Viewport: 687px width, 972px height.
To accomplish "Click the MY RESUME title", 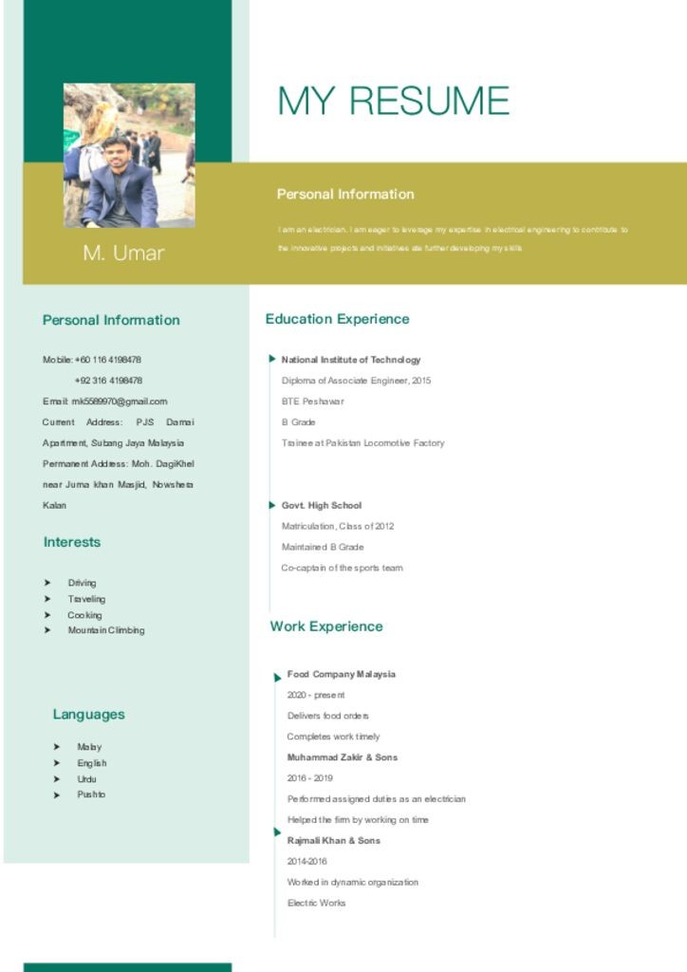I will tap(393, 101).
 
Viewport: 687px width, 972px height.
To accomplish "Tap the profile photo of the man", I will tap(129, 155).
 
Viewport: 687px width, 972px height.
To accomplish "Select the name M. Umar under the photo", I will tap(123, 252).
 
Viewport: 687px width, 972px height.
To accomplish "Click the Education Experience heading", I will tap(337, 319).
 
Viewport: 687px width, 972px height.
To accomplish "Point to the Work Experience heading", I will tap(326, 626).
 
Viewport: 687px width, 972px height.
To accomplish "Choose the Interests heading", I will tap(71, 542).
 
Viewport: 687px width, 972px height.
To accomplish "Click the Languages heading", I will tap(88, 715).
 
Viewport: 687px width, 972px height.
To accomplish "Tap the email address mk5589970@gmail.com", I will tap(120, 402).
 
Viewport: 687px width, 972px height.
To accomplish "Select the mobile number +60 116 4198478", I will tap(108, 360).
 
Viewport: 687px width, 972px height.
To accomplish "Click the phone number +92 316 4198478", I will tap(108, 381).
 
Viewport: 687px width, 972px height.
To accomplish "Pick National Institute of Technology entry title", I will tap(351, 360).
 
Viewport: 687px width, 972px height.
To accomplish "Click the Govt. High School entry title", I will tap(322, 506).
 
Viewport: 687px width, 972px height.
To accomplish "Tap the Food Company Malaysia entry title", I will tap(342, 675).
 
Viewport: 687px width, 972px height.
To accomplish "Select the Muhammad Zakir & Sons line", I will tap(343, 757).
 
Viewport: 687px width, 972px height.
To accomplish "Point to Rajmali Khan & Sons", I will tap(333, 841).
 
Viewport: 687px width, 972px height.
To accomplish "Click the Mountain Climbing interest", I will tap(106, 630).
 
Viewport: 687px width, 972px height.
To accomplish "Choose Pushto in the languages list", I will tap(91, 794).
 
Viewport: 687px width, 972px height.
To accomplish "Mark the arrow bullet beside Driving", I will tap(47, 583).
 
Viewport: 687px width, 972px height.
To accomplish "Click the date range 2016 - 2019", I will tap(310, 778).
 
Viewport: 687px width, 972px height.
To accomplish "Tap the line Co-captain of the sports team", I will tap(342, 568).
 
